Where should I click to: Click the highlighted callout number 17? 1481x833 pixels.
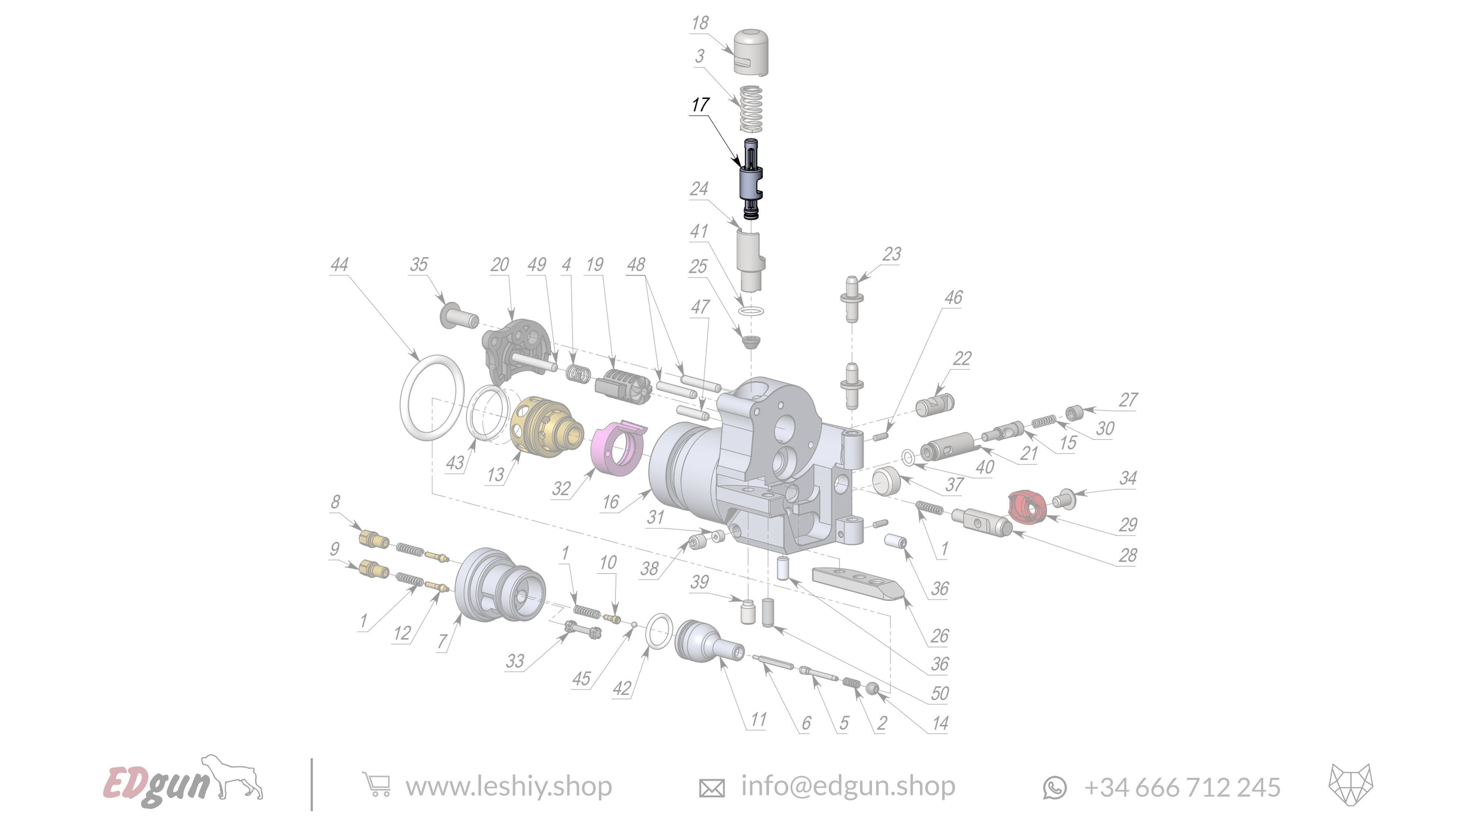(700, 105)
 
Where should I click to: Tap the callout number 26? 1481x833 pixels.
(939, 635)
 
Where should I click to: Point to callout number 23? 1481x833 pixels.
(891, 254)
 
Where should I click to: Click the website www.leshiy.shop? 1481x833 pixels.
(508, 786)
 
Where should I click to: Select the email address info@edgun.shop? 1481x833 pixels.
(848, 786)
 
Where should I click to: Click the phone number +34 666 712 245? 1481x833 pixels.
(1181, 787)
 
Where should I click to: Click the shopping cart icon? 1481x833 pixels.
(377, 785)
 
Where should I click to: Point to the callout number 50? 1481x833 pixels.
(939, 693)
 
